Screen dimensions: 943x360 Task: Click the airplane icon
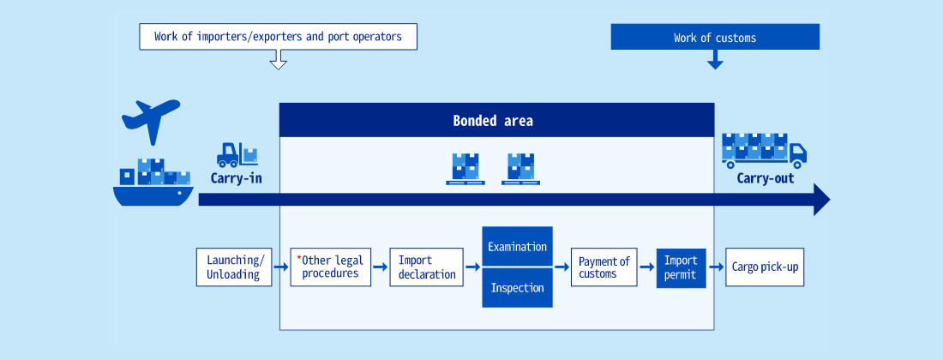tap(150, 120)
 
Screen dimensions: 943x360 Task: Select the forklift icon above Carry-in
tap(237, 154)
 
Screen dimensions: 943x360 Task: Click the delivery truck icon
tap(764, 150)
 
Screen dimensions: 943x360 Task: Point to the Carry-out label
tap(766, 178)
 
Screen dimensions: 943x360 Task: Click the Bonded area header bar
tap(496, 120)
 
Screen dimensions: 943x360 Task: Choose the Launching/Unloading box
tap(235, 267)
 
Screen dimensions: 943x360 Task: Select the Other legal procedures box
tap(331, 267)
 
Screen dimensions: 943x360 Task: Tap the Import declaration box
tap(426, 267)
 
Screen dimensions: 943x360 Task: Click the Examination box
tap(517, 246)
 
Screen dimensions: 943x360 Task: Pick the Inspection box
tap(517, 288)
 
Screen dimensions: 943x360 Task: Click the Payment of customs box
tap(604, 267)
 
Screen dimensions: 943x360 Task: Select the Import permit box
tap(681, 267)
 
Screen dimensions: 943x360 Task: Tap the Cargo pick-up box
tap(765, 267)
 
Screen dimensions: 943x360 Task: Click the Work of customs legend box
tap(715, 37)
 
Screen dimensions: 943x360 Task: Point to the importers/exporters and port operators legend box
tap(278, 36)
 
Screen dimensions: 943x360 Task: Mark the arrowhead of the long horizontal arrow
tap(822, 200)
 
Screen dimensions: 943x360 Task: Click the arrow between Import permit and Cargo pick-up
tap(716, 267)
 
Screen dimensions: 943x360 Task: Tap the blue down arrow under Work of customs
tap(715, 59)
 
